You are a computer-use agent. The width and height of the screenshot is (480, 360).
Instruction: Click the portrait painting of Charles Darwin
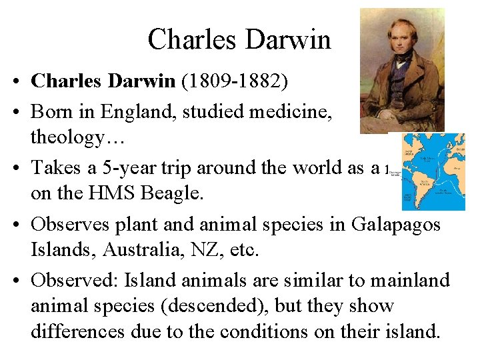point(401,70)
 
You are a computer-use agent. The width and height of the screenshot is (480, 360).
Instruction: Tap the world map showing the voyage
point(432,171)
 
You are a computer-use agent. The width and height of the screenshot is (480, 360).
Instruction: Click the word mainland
point(409,281)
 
